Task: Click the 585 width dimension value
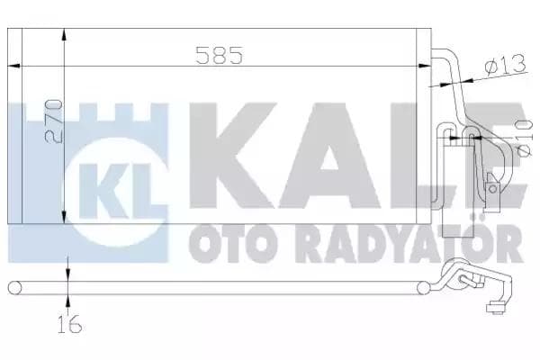tap(220, 56)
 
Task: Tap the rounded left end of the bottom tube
tap(13, 287)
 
